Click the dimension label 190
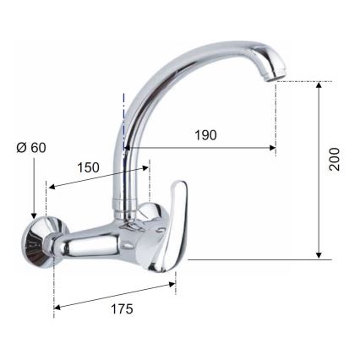205,135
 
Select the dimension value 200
335,161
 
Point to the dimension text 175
122,309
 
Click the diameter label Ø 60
31,147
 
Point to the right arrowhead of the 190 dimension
273,149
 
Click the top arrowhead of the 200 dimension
319,85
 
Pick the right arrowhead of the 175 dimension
172,285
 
